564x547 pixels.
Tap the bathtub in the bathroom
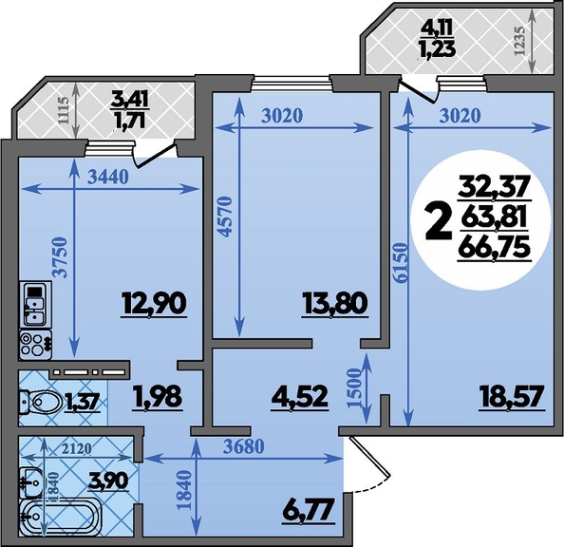click(59, 519)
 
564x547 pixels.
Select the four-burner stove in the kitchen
click(35, 345)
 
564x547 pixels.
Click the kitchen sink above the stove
click(35, 305)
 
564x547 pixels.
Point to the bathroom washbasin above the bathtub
click(31, 481)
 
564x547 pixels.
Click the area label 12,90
click(154, 303)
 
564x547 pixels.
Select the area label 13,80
click(334, 303)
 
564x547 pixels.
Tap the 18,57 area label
click(512, 397)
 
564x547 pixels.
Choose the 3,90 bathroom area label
click(107, 481)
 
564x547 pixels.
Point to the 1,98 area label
click(158, 397)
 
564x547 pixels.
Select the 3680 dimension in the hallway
click(243, 446)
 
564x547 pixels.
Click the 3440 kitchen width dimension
click(108, 177)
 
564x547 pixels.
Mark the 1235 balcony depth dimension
click(520, 40)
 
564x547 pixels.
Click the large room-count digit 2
click(438, 221)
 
